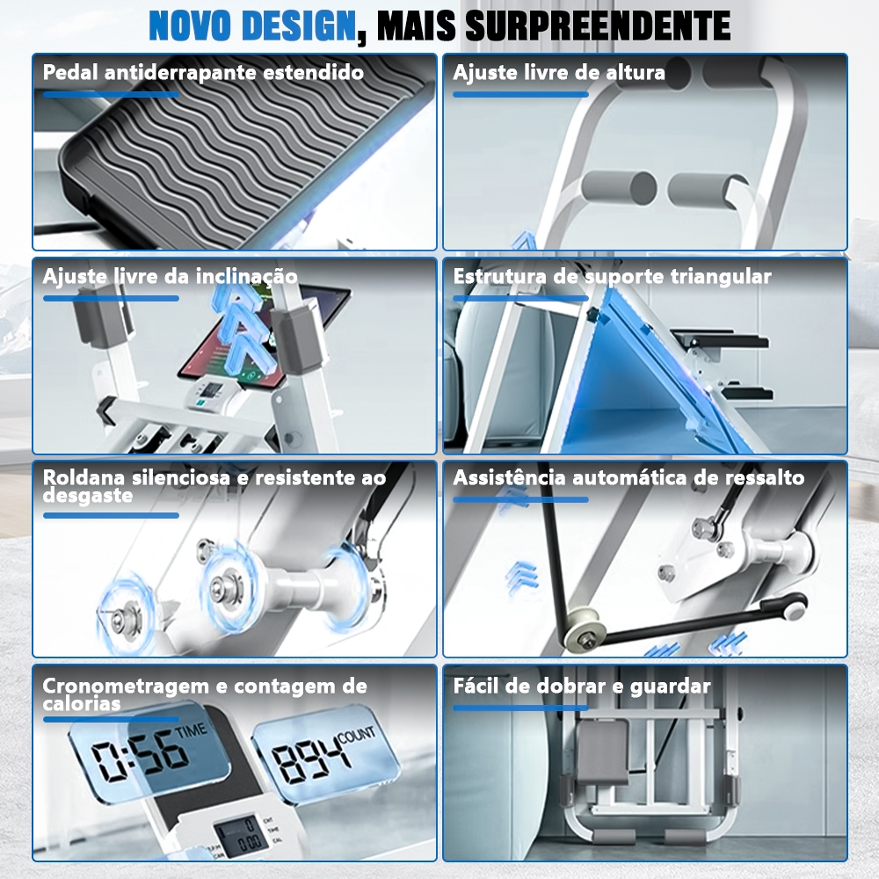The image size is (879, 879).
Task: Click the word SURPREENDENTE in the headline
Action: point(598,25)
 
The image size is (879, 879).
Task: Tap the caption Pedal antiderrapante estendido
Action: point(203,73)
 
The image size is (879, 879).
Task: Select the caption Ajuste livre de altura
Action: point(559,73)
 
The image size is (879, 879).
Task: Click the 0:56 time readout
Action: point(140,760)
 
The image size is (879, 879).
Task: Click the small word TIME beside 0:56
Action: point(191,731)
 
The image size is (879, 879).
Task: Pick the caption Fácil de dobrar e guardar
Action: point(582,686)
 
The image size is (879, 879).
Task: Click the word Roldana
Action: point(84,477)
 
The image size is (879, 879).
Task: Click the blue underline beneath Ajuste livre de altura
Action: point(520,95)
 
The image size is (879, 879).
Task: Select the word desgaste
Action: point(87,496)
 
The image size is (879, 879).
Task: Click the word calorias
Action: point(82,704)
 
